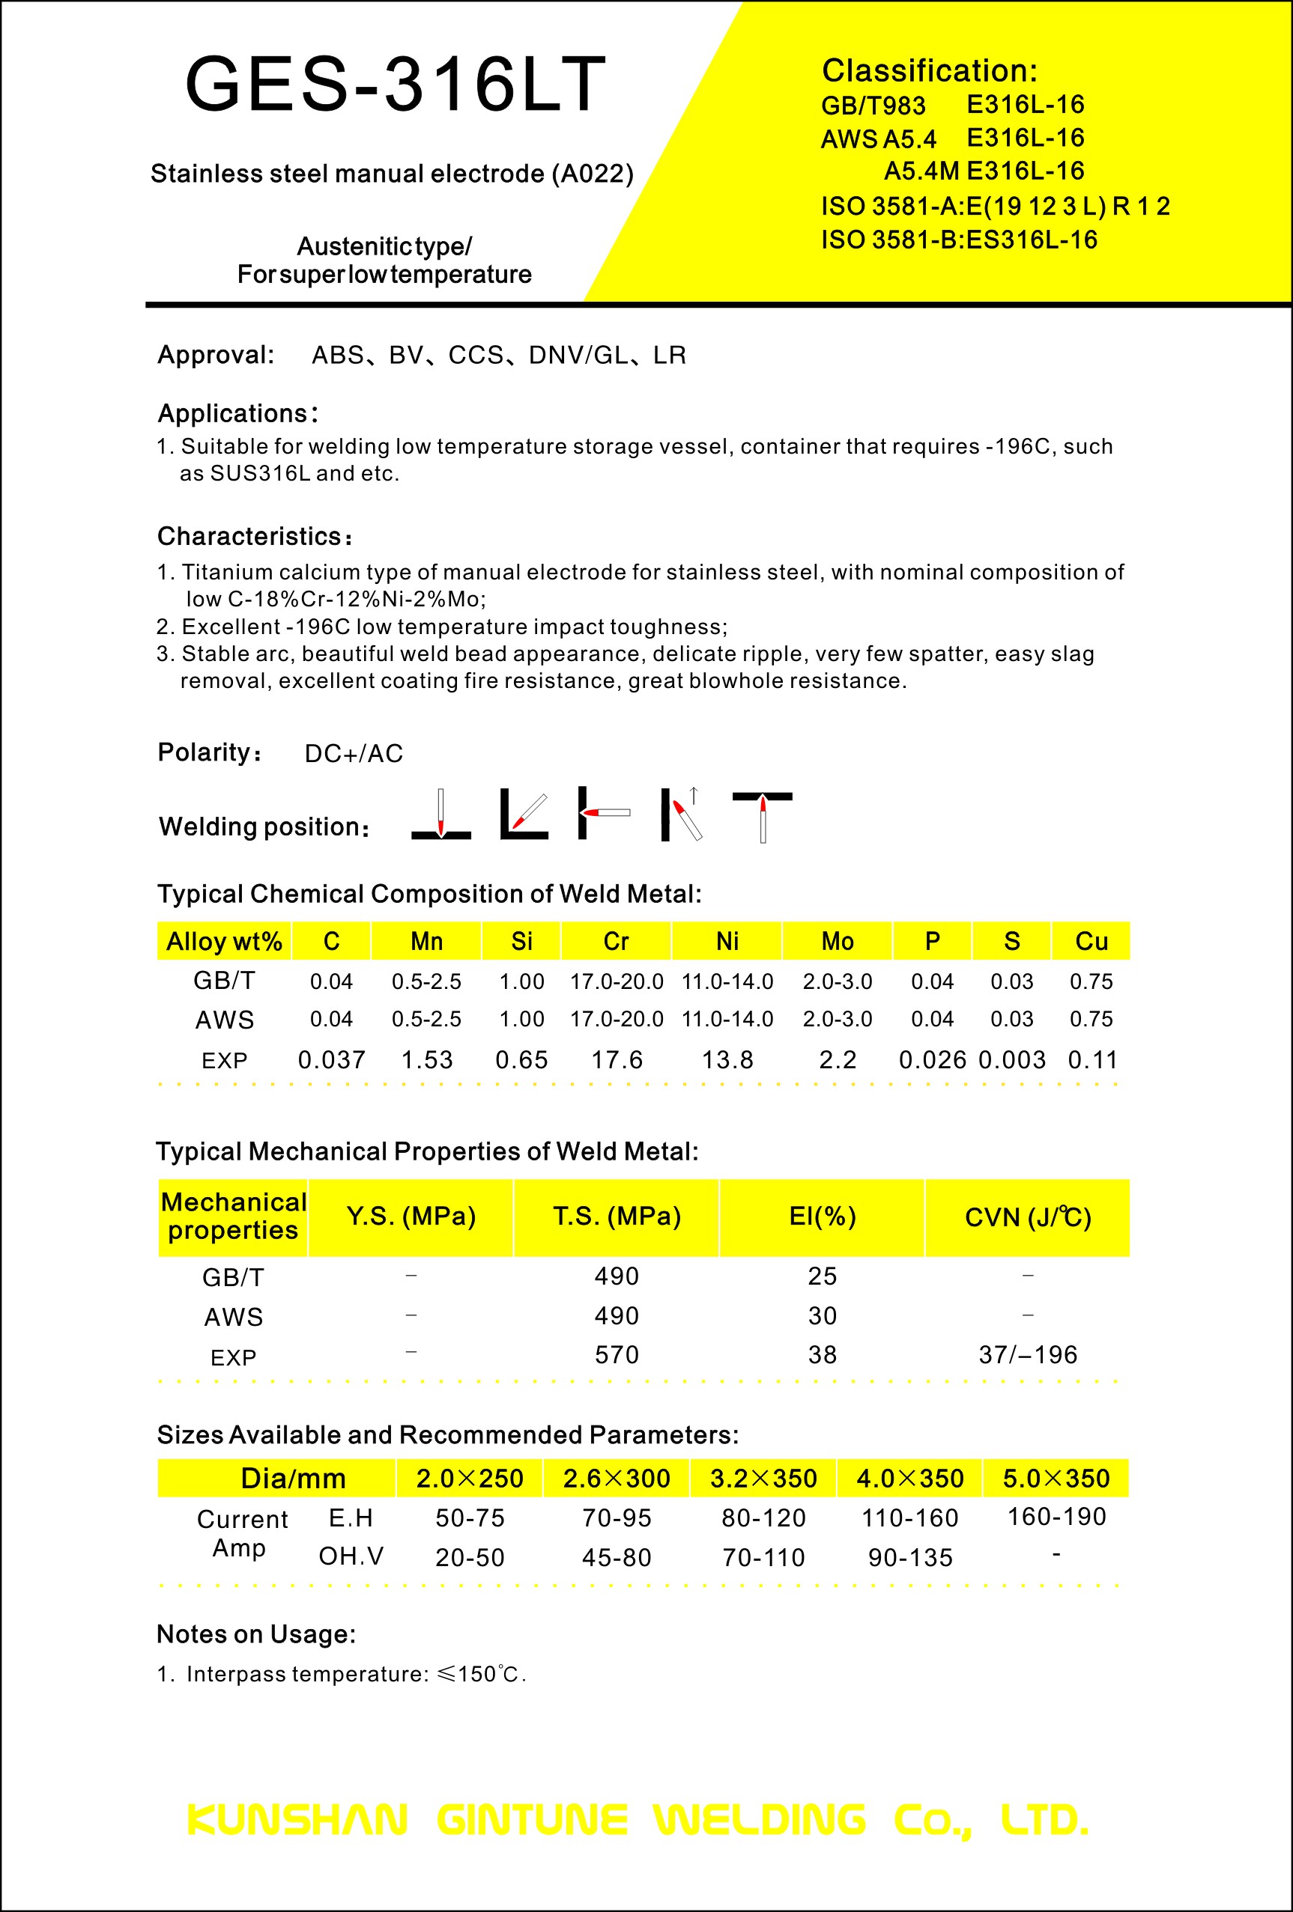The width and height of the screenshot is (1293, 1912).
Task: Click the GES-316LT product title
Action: point(395,84)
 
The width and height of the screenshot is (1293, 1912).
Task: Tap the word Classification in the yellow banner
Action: point(929,71)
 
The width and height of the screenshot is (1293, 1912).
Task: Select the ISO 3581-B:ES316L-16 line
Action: point(959,240)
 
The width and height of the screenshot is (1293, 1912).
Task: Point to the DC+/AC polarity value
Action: point(354,754)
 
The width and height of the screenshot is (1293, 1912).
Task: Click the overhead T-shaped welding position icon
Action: point(762,815)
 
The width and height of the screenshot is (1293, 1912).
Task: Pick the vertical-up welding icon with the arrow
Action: point(682,814)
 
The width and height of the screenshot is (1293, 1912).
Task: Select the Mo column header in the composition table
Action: point(837,941)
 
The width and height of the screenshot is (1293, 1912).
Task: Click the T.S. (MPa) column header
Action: point(617,1217)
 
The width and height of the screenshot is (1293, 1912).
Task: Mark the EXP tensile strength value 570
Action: point(617,1355)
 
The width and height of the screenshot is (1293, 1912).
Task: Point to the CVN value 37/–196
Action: point(1027,1355)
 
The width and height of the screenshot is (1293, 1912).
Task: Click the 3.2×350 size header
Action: point(763,1479)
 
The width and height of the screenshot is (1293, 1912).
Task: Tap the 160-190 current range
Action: point(1057,1516)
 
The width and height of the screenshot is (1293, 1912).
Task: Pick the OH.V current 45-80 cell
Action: point(617,1557)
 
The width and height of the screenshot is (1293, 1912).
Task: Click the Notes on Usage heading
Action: point(256,1634)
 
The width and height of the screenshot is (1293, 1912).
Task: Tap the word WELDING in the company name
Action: point(759,1820)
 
